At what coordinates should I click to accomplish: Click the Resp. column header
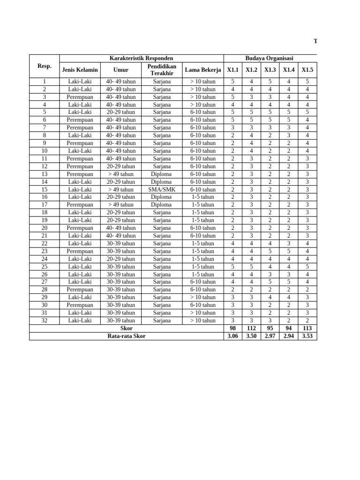pos(44,66)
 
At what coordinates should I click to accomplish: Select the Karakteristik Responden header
pos(141,58)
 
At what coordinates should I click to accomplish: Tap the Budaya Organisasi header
pos(269,58)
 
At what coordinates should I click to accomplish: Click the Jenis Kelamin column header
pos(80,70)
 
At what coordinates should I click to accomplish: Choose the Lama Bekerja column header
pos(202,70)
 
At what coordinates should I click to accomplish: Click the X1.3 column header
pos(270,70)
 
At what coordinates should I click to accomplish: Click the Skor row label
pos(127,329)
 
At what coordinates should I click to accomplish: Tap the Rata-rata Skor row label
pos(127,336)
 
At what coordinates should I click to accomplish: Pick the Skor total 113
pos(307,329)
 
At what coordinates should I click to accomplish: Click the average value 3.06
pos(232,336)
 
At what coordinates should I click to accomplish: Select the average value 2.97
pos(270,336)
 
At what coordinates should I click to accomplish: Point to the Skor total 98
pos(232,329)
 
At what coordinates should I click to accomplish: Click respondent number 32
pos(44,321)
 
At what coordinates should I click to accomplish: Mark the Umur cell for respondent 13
pos(120,174)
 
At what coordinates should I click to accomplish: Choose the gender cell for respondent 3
pos(80,97)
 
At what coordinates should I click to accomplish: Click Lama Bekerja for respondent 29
pos(202,297)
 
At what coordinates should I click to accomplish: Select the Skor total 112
pos(251,329)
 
